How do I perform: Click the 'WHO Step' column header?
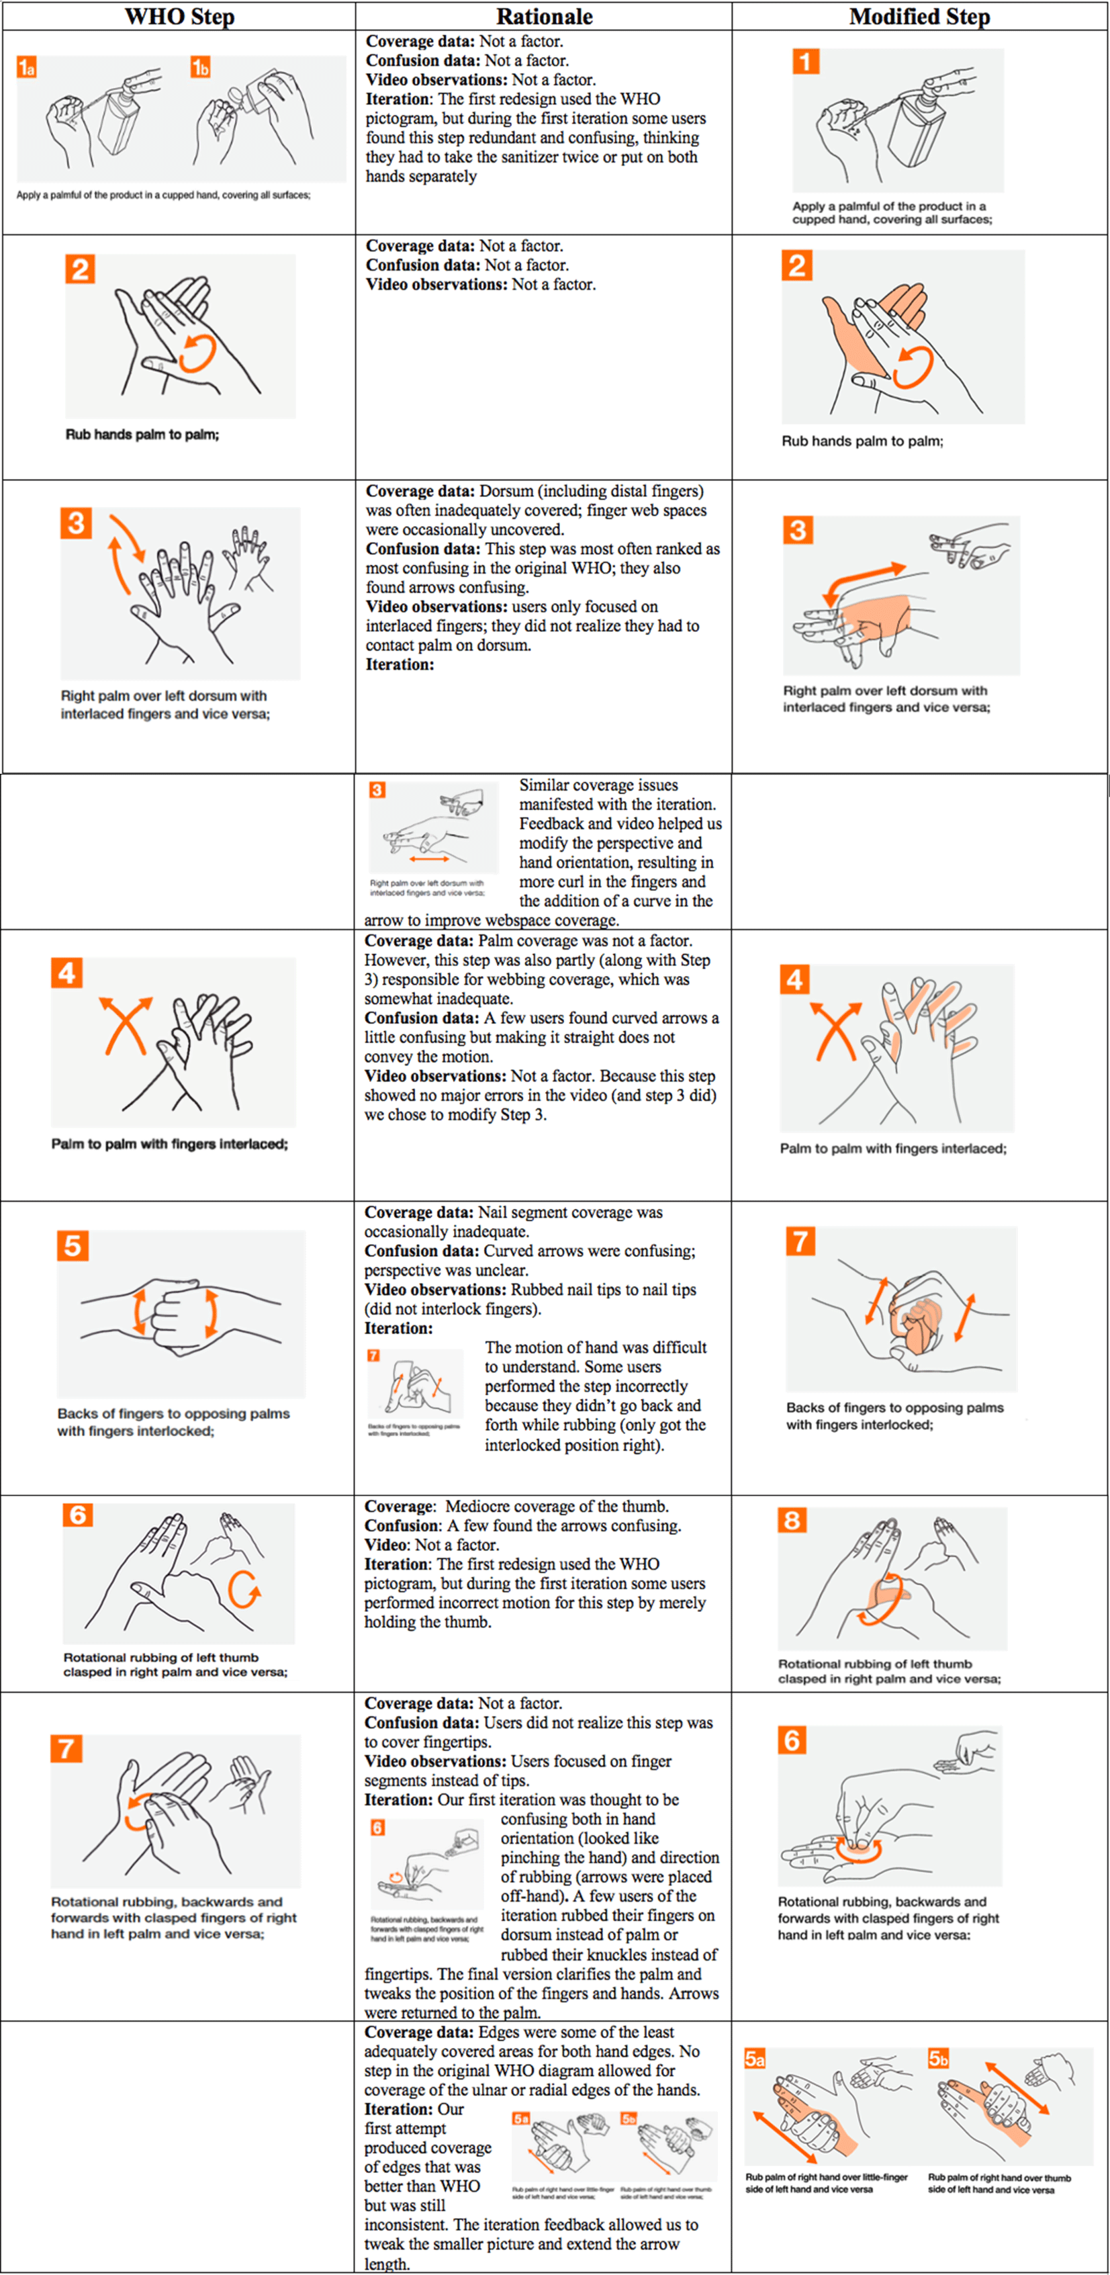[179, 17]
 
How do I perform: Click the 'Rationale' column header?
[544, 17]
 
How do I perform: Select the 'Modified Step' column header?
[919, 17]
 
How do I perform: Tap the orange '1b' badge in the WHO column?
[201, 67]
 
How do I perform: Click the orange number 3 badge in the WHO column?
[76, 523]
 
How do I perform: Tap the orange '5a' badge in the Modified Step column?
[754, 2059]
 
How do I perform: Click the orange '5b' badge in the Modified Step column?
[938, 2059]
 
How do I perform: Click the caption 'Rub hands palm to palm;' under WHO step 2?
[142, 435]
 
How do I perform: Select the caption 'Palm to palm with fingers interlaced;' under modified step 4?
[893, 1148]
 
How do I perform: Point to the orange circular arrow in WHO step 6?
[244, 1590]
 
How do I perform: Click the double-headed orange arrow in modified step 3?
[864, 583]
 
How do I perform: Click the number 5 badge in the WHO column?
[73, 1246]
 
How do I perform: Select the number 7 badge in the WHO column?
[66, 1748]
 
